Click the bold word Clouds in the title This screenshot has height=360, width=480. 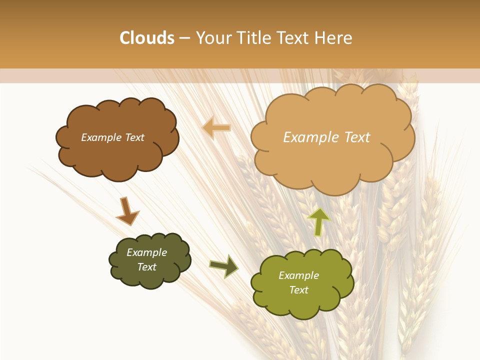tap(147, 38)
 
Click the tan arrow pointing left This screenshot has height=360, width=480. tap(216, 128)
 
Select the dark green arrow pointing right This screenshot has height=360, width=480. tap(223, 266)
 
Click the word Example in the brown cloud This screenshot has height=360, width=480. tap(101, 137)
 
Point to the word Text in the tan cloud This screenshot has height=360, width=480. tap(357, 137)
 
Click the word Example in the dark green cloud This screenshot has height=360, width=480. tap(146, 252)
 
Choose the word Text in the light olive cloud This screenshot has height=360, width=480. tap(298, 290)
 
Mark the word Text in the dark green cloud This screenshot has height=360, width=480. tap(146, 267)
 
